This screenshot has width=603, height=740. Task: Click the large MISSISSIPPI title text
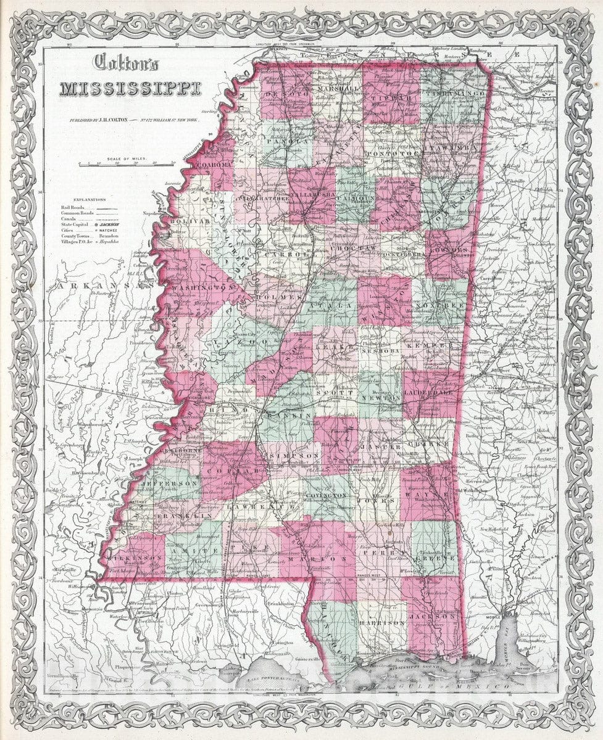(130, 88)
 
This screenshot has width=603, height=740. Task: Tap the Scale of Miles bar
(131, 164)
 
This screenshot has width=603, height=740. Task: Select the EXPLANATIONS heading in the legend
(89, 200)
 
